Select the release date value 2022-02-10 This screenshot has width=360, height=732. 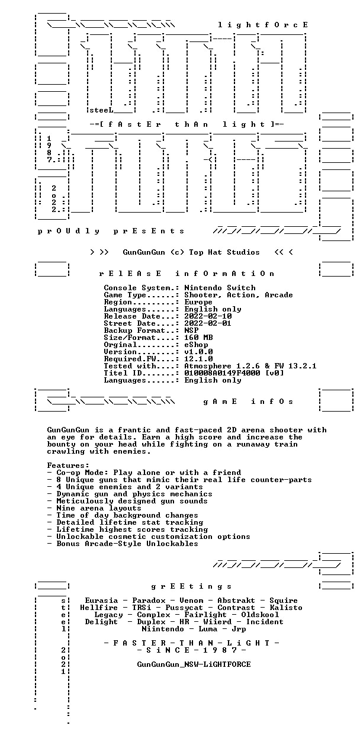pyautogui.click(x=208, y=316)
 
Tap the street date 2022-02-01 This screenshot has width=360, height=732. pyautogui.click(x=208, y=323)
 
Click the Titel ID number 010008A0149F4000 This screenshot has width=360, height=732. pyautogui.click(x=222, y=373)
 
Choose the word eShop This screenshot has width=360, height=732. pyautogui.click(x=197, y=345)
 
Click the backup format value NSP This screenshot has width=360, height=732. pyautogui.click(x=191, y=330)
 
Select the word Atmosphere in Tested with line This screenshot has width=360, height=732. pyautogui.click(x=208, y=366)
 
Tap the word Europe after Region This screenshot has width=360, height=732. pyautogui.click(x=198, y=302)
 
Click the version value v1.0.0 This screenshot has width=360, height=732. pyautogui.click(x=198, y=352)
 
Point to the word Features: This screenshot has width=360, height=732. pyautogui.click(x=68, y=465)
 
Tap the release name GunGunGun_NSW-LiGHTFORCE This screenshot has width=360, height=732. pyautogui.click(x=194, y=664)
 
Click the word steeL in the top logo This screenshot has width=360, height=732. pyautogui.click(x=101, y=111)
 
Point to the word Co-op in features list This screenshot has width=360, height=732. pyautogui.click(x=68, y=473)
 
